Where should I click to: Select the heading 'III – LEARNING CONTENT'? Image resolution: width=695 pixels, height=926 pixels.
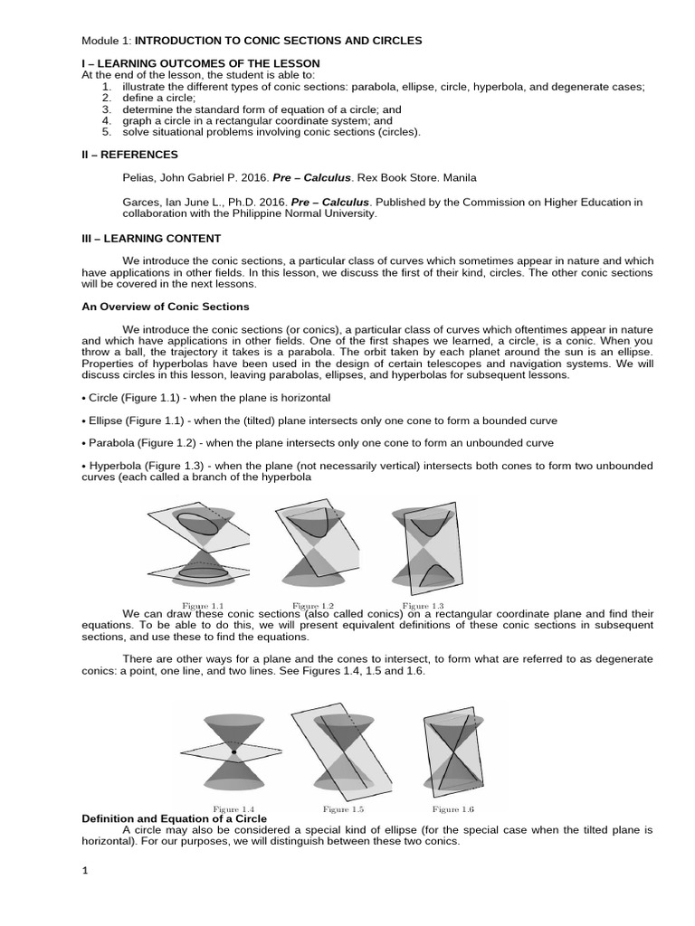[x=151, y=239]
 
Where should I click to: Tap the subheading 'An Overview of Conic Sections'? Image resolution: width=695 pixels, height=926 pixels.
[x=166, y=307]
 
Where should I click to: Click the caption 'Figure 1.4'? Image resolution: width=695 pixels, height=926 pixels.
[x=233, y=808]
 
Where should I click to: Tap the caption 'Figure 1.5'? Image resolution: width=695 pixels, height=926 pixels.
[x=343, y=808]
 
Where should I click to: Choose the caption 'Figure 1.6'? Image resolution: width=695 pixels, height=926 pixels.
[x=453, y=808]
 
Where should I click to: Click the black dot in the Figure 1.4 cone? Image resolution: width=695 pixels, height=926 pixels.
[x=233, y=752]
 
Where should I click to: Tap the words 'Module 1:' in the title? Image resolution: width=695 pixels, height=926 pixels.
[x=107, y=41]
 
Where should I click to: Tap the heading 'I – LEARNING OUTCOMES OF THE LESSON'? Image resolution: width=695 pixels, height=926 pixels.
[x=200, y=63]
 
